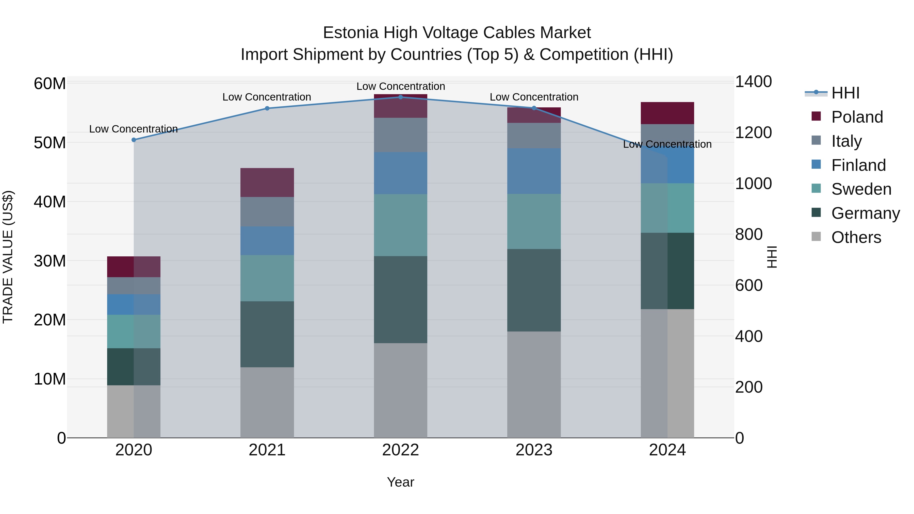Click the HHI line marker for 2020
134,140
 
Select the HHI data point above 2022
401,97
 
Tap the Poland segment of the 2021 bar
267,182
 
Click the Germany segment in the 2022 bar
401,300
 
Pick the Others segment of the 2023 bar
534,385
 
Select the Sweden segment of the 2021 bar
267,278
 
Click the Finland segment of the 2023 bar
534,171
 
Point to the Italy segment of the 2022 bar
401,135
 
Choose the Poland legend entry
857,117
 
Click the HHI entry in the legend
845,93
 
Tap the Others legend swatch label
856,237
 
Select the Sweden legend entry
861,189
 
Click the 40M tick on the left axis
50,202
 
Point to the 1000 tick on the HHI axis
753,184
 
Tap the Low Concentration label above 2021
267,97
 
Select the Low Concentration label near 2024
667,144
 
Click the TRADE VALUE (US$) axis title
8,257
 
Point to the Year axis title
401,482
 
